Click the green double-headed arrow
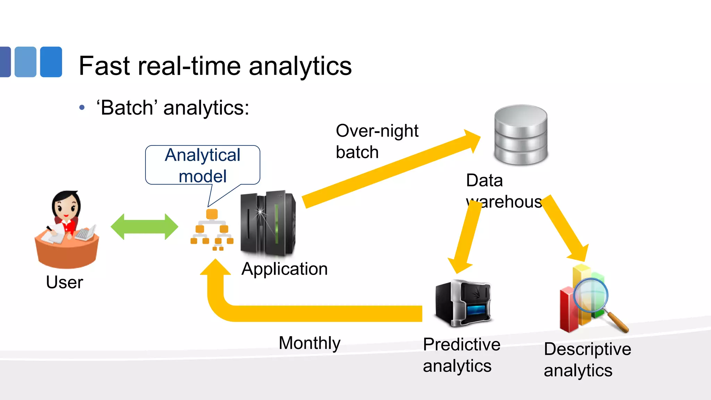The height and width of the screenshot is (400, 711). point(144,227)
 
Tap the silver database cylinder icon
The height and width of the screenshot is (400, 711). point(521,135)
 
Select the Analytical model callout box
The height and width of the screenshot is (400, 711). point(202,165)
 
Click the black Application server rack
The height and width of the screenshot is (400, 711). point(268,223)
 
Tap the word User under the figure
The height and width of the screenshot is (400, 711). point(65,282)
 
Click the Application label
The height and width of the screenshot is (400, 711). point(284,269)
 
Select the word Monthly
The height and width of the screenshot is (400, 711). point(309,343)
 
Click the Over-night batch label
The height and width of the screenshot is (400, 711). point(377,141)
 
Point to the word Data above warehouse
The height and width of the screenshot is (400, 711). point(484,181)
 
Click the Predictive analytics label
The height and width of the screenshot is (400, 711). point(461,355)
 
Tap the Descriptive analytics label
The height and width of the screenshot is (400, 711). point(587,360)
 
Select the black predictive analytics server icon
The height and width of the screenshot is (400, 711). point(463,303)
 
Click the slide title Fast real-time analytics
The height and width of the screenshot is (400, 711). point(215,66)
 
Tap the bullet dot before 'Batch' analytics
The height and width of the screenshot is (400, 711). point(82,108)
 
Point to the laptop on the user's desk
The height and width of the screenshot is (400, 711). point(85,233)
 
